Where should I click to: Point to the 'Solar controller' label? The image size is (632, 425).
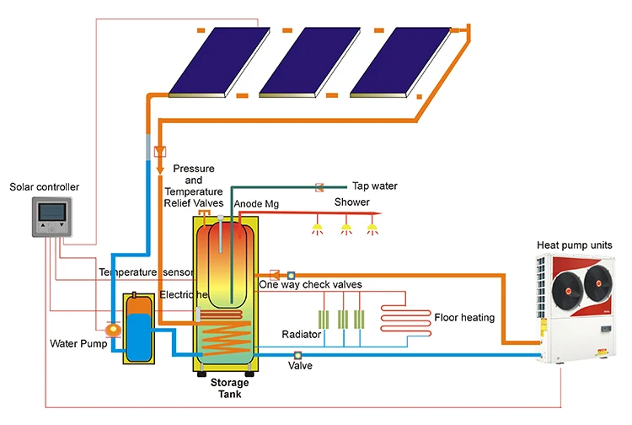[x=40, y=186]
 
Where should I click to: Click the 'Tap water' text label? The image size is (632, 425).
[x=374, y=186]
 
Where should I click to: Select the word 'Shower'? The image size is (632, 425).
[x=352, y=202]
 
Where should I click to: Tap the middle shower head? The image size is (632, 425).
[x=345, y=229]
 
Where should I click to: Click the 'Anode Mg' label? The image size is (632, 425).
[x=256, y=204]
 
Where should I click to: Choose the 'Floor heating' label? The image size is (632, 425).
[x=464, y=318]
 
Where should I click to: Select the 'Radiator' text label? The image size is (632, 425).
[x=302, y=335]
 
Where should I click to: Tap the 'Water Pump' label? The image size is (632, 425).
[x=75, y=343]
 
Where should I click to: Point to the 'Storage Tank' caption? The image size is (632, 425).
[x=230, y=389]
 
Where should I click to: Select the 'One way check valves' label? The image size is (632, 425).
[x=310, y=285]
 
